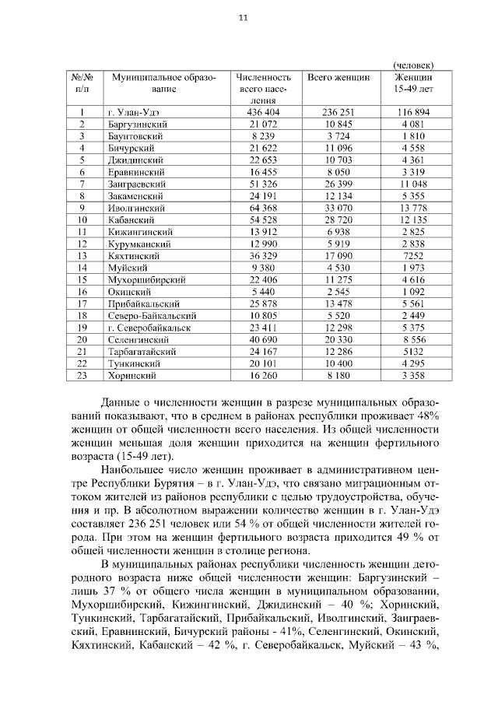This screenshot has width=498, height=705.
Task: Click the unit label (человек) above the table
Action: (413, 64)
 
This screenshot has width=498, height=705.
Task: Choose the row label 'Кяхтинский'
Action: (135, 255)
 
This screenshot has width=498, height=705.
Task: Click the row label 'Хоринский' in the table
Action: (132, 376)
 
